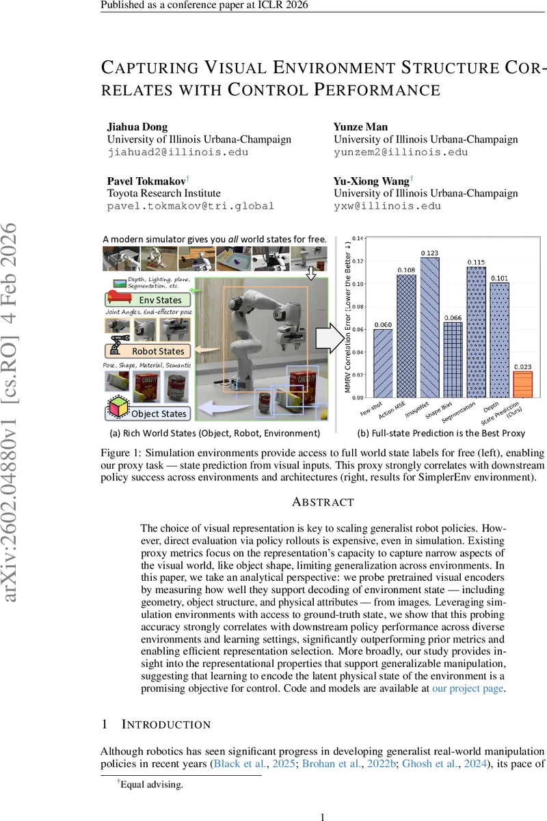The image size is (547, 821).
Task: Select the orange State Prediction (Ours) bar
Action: [x=522, y=384]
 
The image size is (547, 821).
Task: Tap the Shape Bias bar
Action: [x=453, y=359]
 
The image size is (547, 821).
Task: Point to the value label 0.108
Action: [x=406, y=270]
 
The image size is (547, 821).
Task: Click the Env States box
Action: [x=144, y=300]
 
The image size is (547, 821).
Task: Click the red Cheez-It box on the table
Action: [x=302, y=387]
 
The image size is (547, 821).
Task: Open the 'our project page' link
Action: [x=468, y=689]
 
